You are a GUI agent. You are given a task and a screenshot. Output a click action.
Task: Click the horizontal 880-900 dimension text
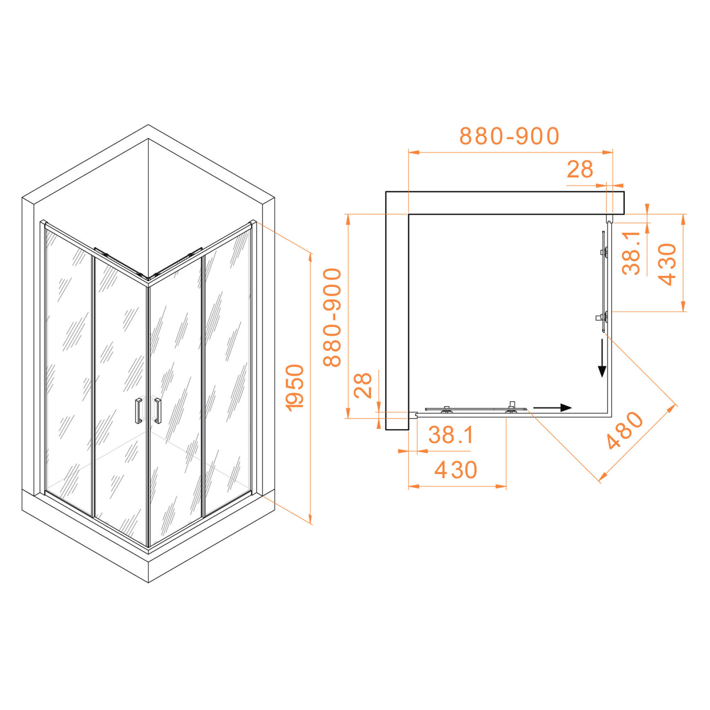pyautogui.click(x=509, y=136)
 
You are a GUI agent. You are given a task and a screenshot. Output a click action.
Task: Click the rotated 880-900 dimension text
pyautogui.click(x=332, y=317)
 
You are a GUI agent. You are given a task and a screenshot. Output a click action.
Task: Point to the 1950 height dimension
pyautogui.click(x=295, y=387)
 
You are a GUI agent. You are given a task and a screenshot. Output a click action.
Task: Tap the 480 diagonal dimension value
pyautogui.click(x=625, y=430)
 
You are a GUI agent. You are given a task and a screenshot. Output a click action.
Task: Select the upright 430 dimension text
pyautogui.click(x=456, y=470)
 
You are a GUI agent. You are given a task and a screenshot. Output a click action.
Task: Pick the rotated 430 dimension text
pyautogui.click(x=667, y=264)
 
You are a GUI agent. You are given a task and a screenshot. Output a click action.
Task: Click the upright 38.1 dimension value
pyautogui.click(x=451, y=435)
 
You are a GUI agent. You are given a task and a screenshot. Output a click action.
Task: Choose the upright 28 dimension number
pyautogui.click(x=580, y=169)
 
